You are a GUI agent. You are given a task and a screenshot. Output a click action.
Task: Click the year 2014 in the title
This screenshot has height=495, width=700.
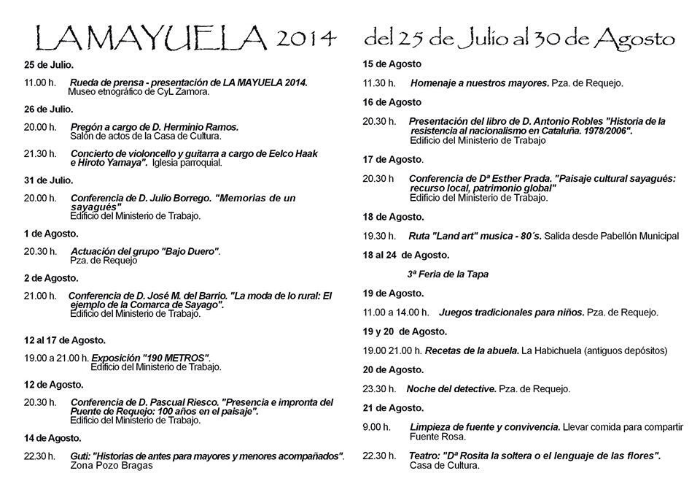click(306, 37)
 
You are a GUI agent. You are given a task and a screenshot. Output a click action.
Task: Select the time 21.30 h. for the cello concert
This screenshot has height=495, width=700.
click(39, 154)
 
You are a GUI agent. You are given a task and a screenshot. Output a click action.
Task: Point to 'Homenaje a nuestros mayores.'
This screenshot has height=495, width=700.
click(479, 83)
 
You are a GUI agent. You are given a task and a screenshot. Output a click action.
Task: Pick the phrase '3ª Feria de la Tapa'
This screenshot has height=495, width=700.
click(447, 275)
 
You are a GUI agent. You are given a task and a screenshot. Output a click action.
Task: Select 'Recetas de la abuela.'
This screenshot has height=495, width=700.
click(472, 350)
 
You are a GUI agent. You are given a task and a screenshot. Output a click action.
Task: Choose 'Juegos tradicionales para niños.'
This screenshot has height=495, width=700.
click(511, 312)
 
